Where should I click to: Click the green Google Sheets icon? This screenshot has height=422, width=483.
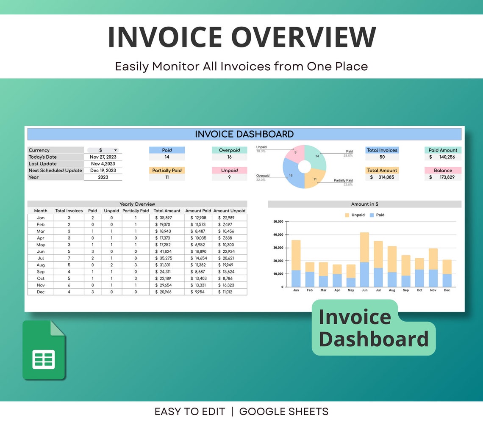44,350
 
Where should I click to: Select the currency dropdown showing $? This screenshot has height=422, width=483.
103,150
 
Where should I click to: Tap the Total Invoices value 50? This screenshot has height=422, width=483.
382,157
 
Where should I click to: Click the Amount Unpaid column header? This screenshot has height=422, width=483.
229,211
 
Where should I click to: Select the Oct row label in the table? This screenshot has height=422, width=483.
41,279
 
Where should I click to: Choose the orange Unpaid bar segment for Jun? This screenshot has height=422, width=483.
364,248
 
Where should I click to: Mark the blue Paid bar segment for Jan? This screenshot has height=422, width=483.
296,279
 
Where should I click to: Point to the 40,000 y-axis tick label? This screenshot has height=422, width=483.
278,234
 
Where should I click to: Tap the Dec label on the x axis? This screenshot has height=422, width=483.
447,290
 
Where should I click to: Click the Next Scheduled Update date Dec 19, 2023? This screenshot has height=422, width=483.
103,171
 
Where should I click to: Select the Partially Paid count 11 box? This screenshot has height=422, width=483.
167,177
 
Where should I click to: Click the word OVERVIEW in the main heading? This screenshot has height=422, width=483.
303,37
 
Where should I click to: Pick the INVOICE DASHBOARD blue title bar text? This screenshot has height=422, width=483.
244,134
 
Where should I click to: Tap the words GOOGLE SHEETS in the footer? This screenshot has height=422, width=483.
283,411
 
